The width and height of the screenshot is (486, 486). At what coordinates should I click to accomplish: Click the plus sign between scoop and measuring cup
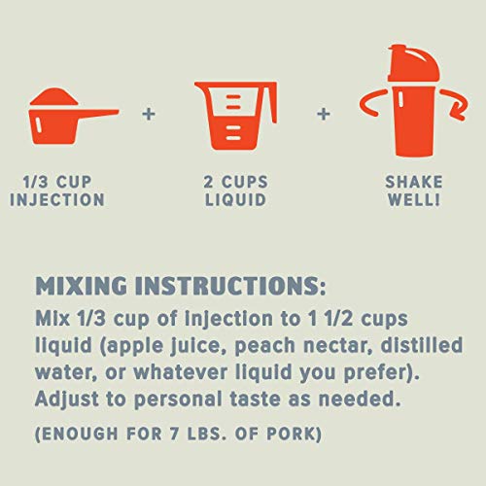click(148, 114)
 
